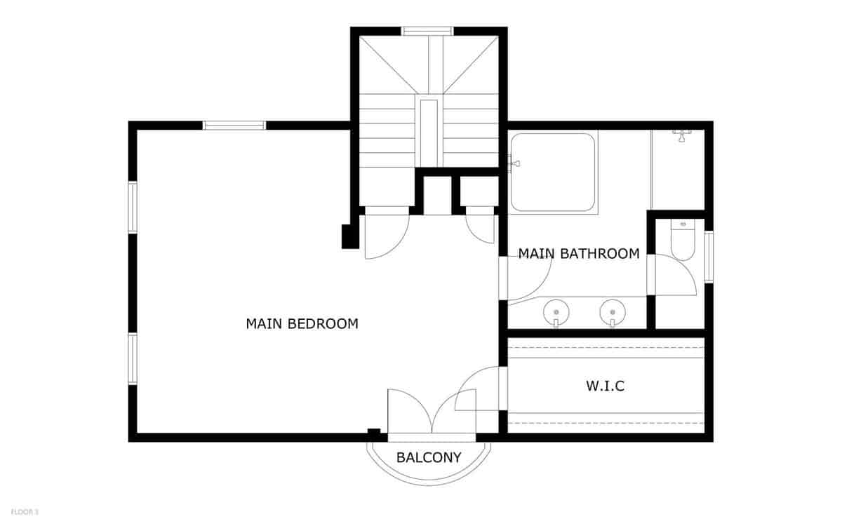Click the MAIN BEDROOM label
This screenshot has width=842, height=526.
(302, 324)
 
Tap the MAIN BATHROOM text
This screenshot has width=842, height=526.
(579, 253)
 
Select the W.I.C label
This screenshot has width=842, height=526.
(605, 386)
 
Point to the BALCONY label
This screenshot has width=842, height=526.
(429, 458)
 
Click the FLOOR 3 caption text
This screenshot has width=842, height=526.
(25, 513)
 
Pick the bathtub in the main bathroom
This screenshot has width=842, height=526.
(553, 173)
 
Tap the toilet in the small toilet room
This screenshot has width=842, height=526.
(682, 241)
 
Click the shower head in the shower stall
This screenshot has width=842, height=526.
(679, 134)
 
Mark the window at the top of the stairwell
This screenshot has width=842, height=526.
(427, 31)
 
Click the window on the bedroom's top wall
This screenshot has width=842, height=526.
(234, 126)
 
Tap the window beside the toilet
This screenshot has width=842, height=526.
(709, 257)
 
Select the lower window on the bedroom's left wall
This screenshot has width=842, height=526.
(132, 358)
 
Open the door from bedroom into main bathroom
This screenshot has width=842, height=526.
(526, 281)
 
